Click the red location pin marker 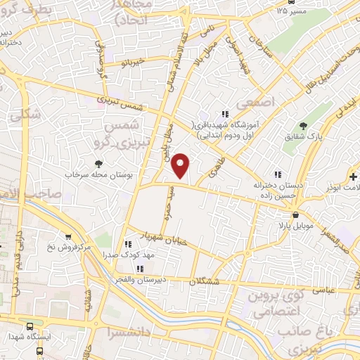(x=181, y=165)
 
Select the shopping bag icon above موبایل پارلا (x=297, y=215)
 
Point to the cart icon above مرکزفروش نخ (x=68, y=237)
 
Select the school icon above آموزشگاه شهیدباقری (x=225, y=113)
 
